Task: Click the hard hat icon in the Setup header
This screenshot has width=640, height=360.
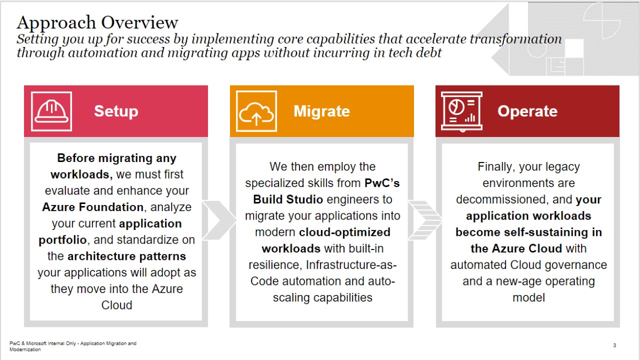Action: point(51,111)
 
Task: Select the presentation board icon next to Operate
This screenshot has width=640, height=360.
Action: point(461,111)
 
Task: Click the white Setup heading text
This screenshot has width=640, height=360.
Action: point(116,111)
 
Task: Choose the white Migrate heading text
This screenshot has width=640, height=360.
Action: point(321,111)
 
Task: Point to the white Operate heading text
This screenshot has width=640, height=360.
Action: point(527,111)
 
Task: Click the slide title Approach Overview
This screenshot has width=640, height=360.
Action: point(97,22)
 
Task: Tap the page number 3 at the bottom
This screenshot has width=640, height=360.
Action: point(614,345)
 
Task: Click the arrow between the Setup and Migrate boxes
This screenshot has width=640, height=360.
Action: point(219,220)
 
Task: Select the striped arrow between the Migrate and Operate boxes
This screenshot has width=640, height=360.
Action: point(425,220)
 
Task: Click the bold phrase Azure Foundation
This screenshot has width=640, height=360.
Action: point(92,207)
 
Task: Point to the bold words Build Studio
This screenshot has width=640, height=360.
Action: point(287,199)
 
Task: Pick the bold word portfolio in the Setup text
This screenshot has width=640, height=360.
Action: point(62,240)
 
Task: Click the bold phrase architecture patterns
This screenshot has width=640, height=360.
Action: point(126,256)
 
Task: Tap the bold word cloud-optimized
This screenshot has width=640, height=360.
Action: point(344,232)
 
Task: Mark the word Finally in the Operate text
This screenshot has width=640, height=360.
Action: point(496,167)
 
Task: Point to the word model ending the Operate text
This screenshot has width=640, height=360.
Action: point(528,297)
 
